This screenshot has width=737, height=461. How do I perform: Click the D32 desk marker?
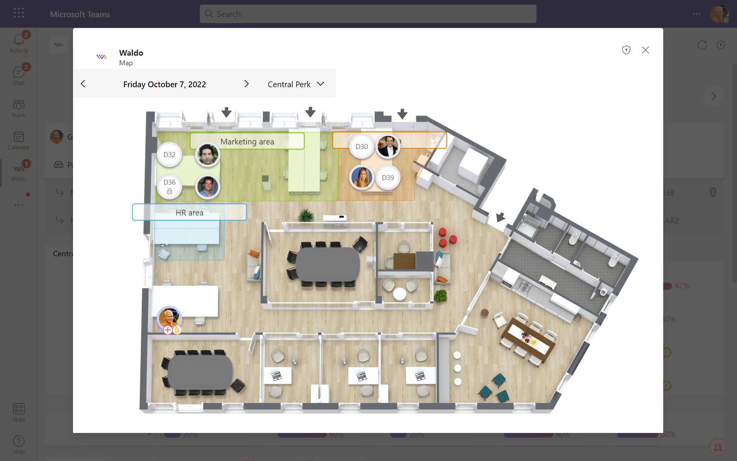[169, 155]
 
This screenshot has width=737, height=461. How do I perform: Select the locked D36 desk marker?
[169, 186]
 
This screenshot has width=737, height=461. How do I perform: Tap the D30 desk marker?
[362, 147]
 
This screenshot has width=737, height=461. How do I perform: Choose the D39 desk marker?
[388, 178]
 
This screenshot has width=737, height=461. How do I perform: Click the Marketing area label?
[247, 141]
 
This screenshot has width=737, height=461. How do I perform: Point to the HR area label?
[189, 212]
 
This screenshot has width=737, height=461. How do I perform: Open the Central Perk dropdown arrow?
[321, 84]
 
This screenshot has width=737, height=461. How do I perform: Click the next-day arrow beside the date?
[247, 84]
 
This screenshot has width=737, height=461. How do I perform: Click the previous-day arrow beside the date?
[83, 84]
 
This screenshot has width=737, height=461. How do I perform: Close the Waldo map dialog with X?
[646, 50]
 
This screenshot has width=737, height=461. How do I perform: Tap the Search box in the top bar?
[368, 14]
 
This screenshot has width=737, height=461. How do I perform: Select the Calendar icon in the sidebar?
[19, 137]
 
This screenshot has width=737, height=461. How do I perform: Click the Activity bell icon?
[19, 40]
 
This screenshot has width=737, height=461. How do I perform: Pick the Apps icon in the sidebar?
[19, 409]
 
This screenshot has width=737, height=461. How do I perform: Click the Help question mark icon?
[19, 441]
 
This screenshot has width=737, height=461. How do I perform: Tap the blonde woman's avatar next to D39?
[362, 177]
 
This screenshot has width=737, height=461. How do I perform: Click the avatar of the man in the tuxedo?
[388, 146]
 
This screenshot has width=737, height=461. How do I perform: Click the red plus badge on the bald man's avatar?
[168, 330]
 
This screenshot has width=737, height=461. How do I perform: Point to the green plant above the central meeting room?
[306, 215]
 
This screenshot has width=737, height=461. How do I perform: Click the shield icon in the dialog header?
[626, 50]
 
